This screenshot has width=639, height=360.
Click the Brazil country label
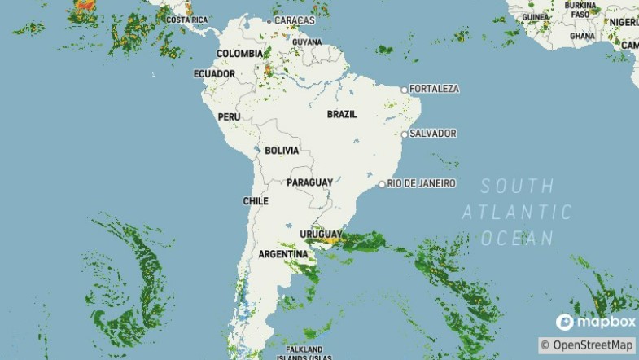point(342,115)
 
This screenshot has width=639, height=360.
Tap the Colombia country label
point(239,54)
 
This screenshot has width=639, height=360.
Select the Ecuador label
point(214,74)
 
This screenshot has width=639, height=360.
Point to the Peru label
point(229,117)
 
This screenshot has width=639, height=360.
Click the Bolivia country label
point(282,151)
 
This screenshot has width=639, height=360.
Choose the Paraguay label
point(309,182)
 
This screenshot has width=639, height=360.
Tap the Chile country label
point(256,201)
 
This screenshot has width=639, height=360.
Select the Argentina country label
point(282,255)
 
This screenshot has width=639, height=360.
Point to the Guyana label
point(307,42)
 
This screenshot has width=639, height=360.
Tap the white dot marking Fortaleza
point(405,89)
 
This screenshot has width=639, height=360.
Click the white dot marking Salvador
point(405,134)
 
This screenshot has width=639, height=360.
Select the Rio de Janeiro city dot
point(382,184)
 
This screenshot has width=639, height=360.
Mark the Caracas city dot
point(269,20)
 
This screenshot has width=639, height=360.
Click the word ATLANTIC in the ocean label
point(517,213)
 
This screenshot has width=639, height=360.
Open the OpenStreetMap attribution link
point(587,345)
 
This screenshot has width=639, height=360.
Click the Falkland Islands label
point(304,352)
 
